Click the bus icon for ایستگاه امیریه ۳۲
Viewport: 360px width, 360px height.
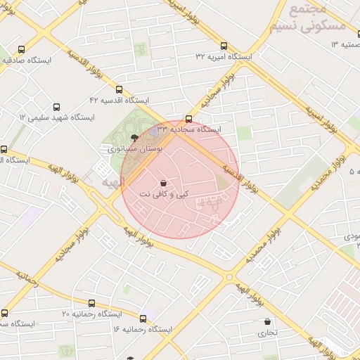[224, 46]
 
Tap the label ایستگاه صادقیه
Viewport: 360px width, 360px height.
[29, 60]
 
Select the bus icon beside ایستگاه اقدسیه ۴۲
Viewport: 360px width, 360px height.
[119, 90]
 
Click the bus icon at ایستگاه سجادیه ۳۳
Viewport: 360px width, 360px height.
[188, 119]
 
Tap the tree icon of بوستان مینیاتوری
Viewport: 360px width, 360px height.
[135, 139]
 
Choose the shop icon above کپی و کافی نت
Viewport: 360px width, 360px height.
[164, 183]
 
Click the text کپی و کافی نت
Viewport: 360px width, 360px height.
[165, 194]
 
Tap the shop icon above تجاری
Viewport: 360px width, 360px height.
[267, 322]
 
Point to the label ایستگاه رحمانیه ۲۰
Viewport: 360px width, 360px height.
[92, 313]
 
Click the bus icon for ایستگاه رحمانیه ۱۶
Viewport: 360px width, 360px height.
[143, 319]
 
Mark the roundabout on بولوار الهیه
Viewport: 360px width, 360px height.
[229, 277]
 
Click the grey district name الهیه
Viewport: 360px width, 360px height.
[112, 182]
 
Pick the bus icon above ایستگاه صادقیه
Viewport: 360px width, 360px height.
[22, 50]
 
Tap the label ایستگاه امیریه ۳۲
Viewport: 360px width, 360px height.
[224, 56]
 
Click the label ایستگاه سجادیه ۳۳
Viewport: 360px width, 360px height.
[188, 129]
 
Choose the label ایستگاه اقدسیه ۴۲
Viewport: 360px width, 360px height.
[120, 101]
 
